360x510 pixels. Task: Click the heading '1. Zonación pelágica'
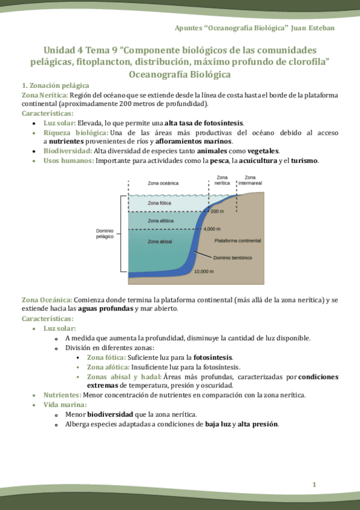point(55,86)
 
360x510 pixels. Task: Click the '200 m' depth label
point(217,212)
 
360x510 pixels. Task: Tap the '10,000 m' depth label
point(204,271)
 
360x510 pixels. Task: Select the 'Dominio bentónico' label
point(233,257)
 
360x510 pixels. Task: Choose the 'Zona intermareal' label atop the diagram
point(251,180)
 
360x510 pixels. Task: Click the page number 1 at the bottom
point(314,485)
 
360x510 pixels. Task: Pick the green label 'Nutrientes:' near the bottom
point(62,395)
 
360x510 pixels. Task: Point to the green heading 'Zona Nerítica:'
point(44,95)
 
